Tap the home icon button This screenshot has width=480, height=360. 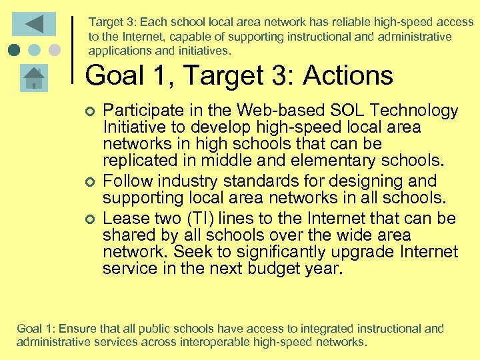tap(33, 78)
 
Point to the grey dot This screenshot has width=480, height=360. tap(55, 50)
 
